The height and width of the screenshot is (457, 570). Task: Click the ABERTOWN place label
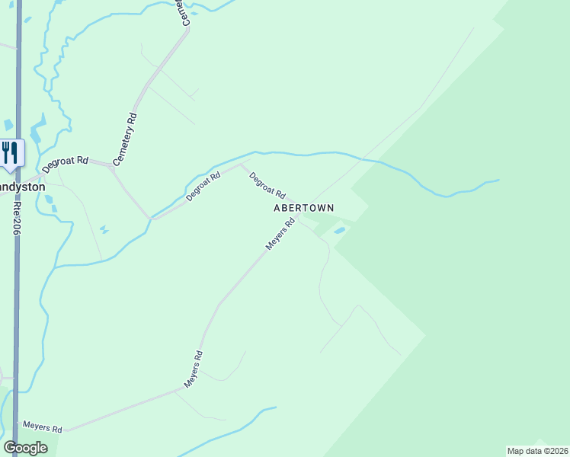[303, 207]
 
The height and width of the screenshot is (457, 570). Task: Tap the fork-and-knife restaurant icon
[10, 152]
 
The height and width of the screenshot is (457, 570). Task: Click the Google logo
[25, 448]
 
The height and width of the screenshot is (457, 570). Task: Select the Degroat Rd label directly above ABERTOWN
[267, 184]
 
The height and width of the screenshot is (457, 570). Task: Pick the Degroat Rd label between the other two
[203, 186]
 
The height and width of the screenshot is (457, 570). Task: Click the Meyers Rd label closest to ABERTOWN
[280, 235]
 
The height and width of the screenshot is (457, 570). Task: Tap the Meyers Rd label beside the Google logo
[42, 427]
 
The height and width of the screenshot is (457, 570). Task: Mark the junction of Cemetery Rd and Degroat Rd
[112, 168]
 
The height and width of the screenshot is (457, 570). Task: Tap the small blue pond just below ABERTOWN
[339, 230]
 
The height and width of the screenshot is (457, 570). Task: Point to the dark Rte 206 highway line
[17, 305]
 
